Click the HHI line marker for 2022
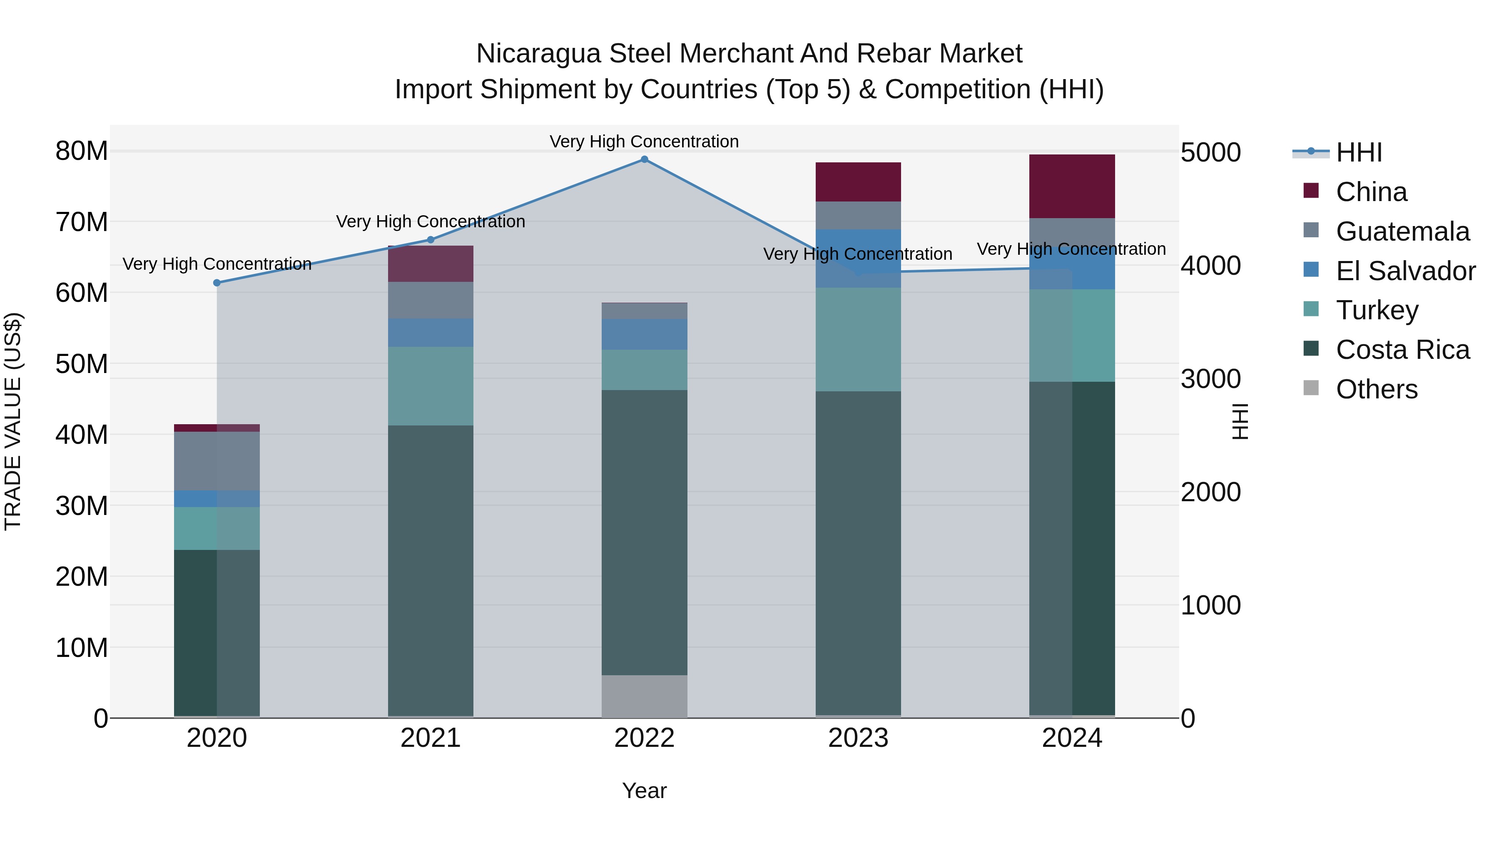pos(644,159)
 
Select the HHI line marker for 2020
pos(217,283)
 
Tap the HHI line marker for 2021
pos(431,240)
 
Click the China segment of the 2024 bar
pos(1072,186)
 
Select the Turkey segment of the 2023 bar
pos(858,339)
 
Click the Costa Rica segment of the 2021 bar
pos(431,570)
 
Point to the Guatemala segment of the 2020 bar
pos(217,461)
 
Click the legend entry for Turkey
pos(1377,310)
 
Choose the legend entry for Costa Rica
pos(1402,350)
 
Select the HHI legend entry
pos(1358,152)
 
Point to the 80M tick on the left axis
pos(82,151)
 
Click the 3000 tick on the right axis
pos(1210,379)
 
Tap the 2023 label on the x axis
pos(858,738)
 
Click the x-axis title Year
pos(644,791)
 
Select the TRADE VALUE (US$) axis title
pos(13,421)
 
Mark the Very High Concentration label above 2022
pos(644,142)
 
